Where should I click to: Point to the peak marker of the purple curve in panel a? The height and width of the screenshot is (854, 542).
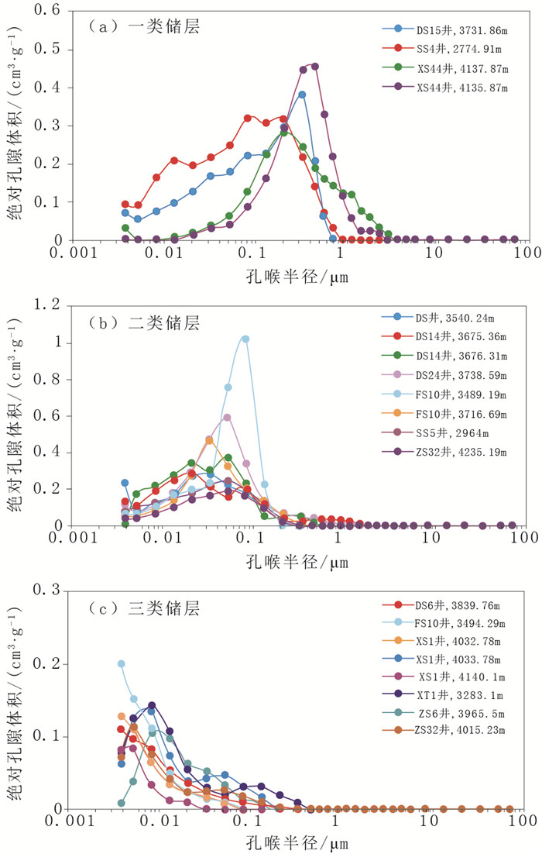pos(314,66)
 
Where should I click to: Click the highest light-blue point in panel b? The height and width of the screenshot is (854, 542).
pos(245,339)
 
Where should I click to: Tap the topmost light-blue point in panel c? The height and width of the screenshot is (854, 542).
pos(121,663)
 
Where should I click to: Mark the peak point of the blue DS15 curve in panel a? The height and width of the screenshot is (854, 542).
pos(302,95)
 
